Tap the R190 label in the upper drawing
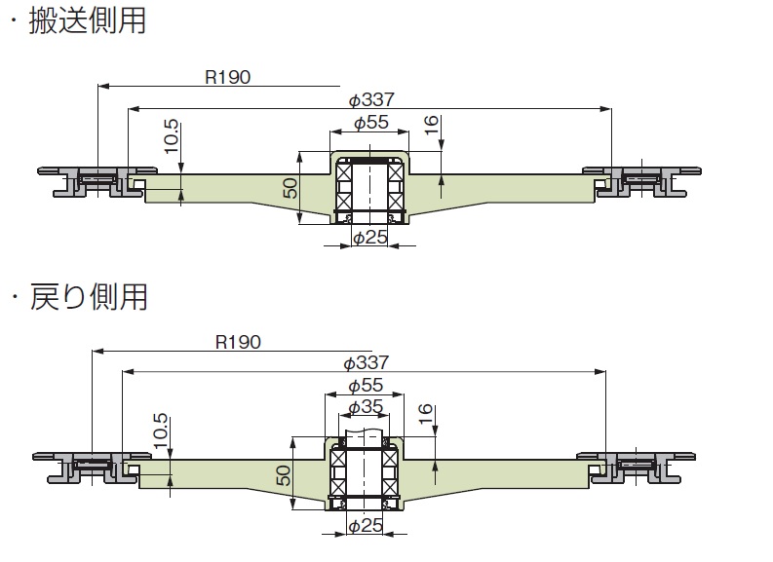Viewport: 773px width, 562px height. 228,78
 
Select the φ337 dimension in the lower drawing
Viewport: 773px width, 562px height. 367,362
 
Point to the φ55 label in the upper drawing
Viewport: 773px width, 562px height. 370,124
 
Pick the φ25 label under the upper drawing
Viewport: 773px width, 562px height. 370,238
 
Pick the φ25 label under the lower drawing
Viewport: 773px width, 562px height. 367,526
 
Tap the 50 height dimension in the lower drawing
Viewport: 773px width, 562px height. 284,475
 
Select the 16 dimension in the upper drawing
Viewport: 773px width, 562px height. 432,124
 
